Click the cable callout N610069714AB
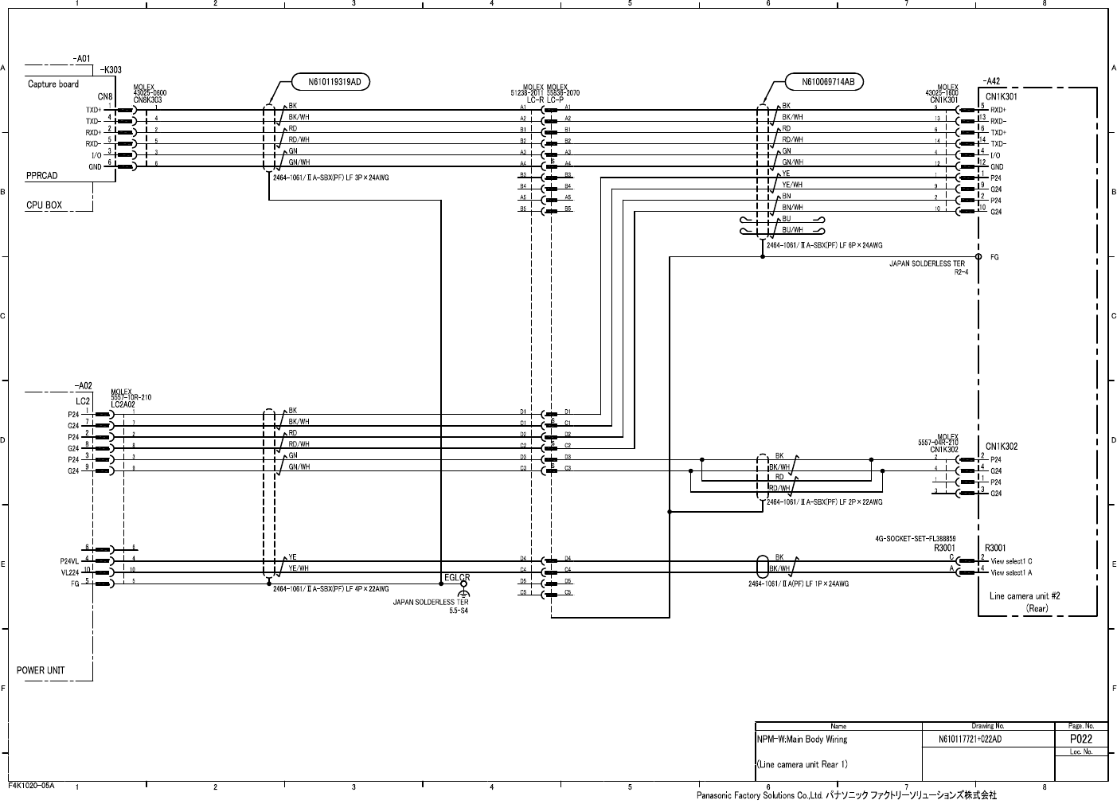(824, 80)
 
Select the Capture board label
(53, 84)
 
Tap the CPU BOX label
(44, 205)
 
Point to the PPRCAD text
(41, 176)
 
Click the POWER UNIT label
(41, 670)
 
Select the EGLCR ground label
(457, 577)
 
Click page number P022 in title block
(1080, 739)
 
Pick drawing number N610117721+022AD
(970, 739)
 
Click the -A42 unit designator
(991, 80)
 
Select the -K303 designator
(111, 70)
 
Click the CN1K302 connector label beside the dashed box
(1001, 447)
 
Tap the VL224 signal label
(70, 572)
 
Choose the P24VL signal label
(70, 560)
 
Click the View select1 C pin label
(1011, 561)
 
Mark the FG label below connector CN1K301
(994, 257)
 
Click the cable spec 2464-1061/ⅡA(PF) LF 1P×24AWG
(798, 583)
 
